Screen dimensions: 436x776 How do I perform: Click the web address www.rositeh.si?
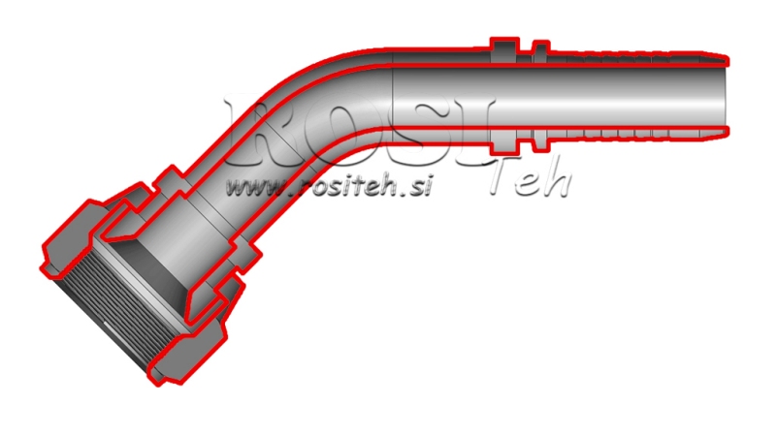(326, 186)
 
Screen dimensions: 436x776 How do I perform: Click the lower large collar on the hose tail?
(502, 139)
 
